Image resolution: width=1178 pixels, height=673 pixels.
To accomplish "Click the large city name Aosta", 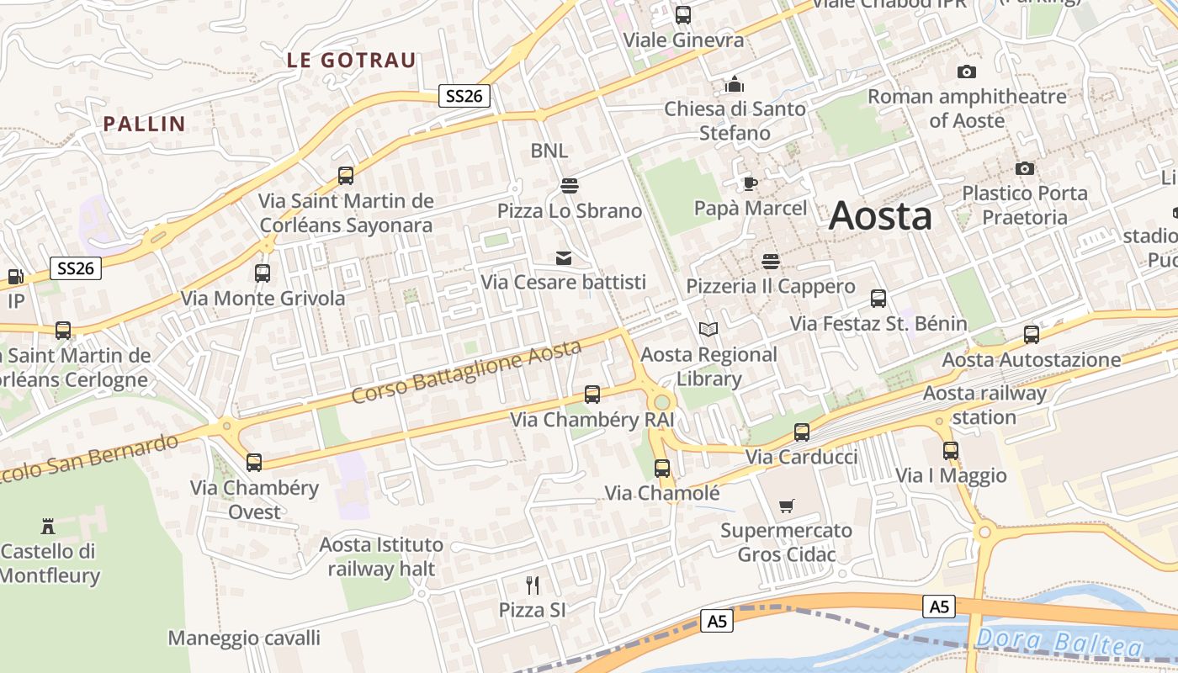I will tap(880, 216).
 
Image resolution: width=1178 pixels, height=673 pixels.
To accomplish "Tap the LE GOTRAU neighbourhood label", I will tap(351, 61).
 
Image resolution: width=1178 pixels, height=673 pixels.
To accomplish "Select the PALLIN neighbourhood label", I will tap(144, 124).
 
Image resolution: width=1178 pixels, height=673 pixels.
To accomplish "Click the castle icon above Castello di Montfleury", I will tap(48, 527).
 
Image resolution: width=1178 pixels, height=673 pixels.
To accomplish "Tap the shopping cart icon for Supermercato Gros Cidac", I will tap(786, 506).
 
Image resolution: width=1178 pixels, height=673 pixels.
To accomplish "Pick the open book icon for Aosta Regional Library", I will tap(708, 329).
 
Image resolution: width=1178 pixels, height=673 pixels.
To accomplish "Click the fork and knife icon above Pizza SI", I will tap(532, 585).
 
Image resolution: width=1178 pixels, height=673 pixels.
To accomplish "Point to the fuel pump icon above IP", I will tap(15, 276).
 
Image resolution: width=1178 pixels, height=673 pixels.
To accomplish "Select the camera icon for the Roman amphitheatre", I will tap(967, 72).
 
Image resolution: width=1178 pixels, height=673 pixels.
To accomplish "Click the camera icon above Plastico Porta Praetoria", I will tap(1024, 168).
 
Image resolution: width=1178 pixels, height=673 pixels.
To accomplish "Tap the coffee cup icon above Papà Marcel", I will tap(750, 183).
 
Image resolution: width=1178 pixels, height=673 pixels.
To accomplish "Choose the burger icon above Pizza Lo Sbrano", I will tap(569, 185).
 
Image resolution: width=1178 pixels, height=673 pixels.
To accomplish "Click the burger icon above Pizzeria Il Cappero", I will tap(770, 261).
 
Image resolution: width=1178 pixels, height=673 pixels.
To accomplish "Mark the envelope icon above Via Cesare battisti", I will tap(563, 257).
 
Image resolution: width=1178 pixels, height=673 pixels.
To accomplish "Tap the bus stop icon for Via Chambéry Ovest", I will tap(253, 462).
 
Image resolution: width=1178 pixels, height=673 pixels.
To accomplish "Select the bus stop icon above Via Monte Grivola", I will tap(263, 273).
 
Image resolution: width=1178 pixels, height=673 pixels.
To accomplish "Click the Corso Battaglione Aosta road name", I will tap(466, 371).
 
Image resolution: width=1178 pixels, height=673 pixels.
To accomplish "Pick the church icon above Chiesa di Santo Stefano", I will tap(735, 84).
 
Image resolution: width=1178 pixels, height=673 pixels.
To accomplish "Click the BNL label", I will tap(549, 151).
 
